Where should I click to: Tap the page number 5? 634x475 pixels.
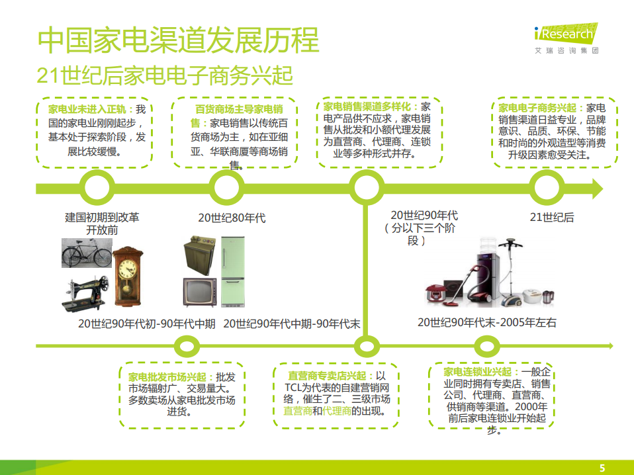(602, 467)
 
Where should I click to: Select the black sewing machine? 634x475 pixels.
(86, 294)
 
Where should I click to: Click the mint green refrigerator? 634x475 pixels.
(233, 271)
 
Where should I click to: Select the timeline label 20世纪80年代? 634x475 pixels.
(232, 218)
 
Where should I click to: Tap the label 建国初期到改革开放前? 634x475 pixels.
(102, 224)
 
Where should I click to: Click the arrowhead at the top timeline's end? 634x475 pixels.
(596, 189)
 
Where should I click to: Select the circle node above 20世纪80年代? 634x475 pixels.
(227, 189)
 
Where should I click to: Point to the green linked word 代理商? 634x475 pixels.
(337, 411)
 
